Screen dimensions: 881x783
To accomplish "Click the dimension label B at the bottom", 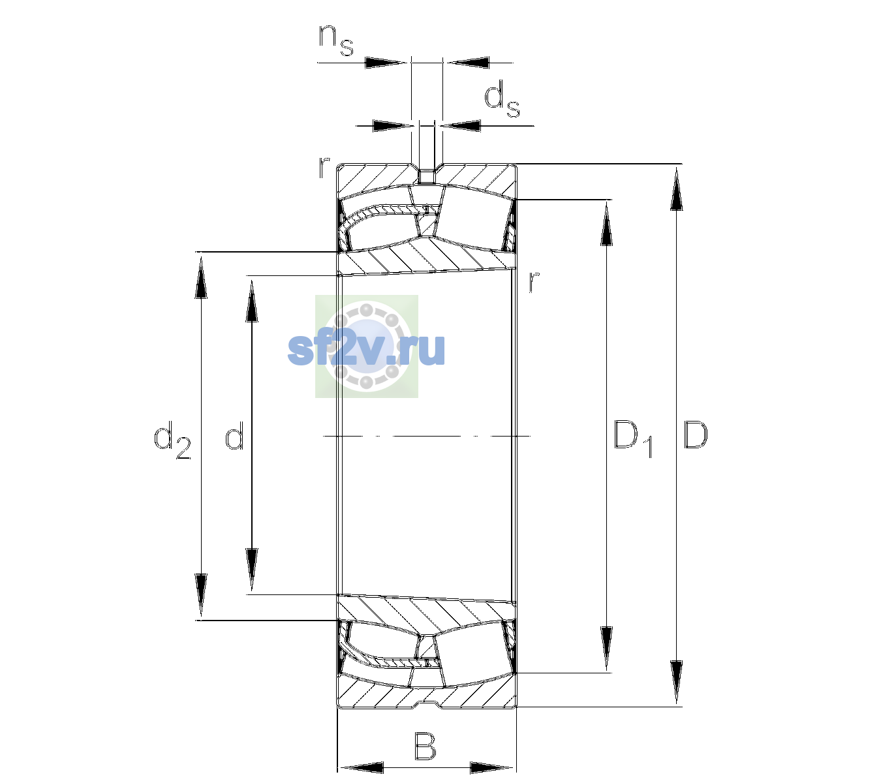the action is pyautogui.click(x=425, y=746).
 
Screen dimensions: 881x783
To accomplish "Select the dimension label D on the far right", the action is pyautogui.click(x=695, y=435).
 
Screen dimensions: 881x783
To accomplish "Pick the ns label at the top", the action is pyautogui.click(x=335, y=40).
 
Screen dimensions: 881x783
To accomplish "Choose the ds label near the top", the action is pyautogui.click(x=502, y=99).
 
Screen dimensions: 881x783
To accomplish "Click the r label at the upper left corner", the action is pyautogui.click(x=324, y=168).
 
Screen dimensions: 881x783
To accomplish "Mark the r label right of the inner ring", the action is pyautogui.click(x=534, y=281).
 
